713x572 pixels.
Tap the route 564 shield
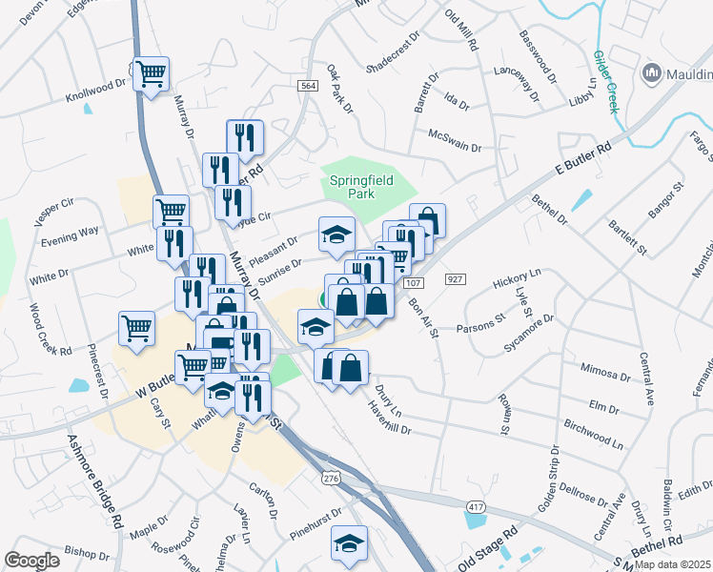coord(307,86)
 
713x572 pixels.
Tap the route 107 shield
coord(413,283)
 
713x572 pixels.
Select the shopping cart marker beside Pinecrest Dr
coord(137,327)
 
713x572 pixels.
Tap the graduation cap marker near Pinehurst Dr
coord(350,542)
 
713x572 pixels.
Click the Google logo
coord(31,561)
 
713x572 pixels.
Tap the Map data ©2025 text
coord(672,564)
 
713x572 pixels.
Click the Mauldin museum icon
coord(653,71)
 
